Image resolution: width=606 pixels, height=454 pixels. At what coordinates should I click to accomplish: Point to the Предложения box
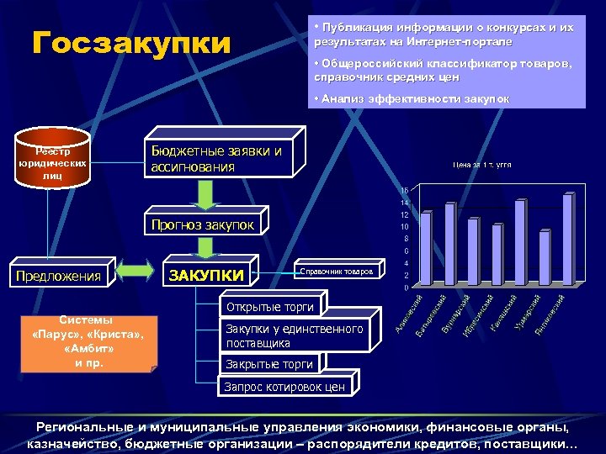[58, 275]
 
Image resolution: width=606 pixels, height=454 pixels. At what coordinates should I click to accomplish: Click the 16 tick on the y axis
[405, 190]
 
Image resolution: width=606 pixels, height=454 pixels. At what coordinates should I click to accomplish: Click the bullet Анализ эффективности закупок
[412, 98]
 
